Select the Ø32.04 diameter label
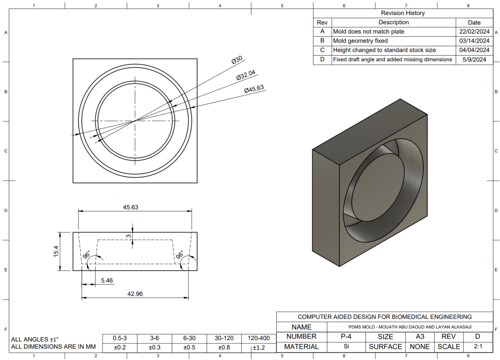point(246,76)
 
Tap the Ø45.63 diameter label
point(254,88)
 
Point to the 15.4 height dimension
point(56,251)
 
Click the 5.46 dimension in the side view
point(107,280)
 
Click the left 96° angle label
point(86,255)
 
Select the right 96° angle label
point(180,255)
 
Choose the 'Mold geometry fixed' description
point(360,41)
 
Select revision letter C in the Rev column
point(322,50)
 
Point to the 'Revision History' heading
point(403,13)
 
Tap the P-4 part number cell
point(346,337)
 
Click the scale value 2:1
point(478,347)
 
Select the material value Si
point(346,347)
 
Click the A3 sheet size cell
point(420,337)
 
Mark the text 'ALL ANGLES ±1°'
point(35,339)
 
